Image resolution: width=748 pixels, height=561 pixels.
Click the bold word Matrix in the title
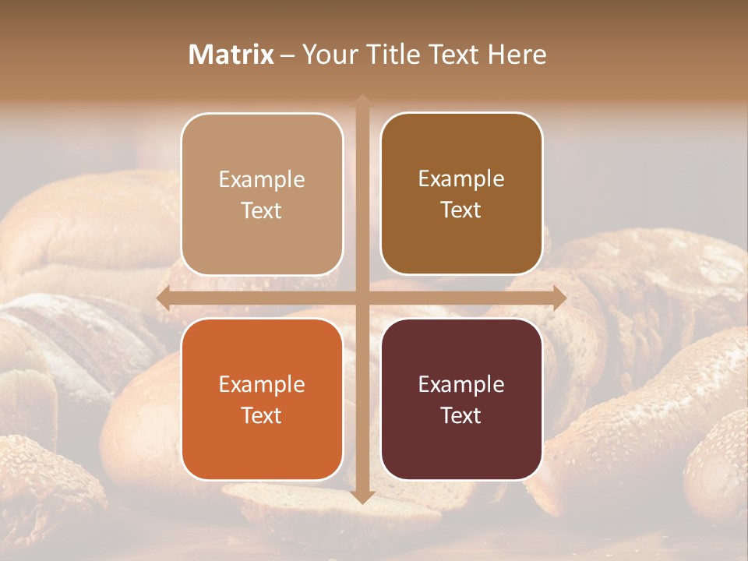point(231,55)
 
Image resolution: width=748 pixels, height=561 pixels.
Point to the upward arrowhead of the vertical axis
point(362,100)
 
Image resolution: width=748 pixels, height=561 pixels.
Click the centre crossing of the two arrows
point(362,298)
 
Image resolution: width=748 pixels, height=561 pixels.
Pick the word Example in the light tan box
point(262,180)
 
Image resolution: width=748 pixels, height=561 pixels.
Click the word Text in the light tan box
point(262,211)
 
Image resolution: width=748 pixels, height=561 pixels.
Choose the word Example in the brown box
point(461,179)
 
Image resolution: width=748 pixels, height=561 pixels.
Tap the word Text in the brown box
point(461,210)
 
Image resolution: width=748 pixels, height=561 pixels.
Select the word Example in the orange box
point(262,385)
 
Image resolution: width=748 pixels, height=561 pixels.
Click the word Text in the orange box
point(262,415)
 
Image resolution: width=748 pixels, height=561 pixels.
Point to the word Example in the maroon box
point(461,385)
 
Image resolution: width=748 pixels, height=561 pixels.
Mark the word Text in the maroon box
point(461,415)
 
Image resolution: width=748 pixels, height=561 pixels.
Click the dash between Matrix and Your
point(288,55)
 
